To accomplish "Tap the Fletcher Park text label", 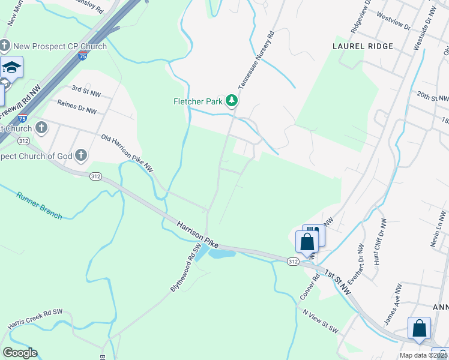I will click(x=198, y=101).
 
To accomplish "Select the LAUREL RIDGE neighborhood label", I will click(x=363, y=46).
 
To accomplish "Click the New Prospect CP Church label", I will click(x=60, y=46).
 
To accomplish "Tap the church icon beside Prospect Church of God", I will click(x=80, y=156).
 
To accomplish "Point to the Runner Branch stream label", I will click(x=39, y=205).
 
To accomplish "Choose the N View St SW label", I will click(x=321, y=322).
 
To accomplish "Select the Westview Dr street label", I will click(x=394, y=27).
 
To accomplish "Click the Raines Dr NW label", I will click(x=77, y=106).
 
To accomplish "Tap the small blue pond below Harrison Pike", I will click(x=221, y=254).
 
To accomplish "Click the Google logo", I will click(x=20, y=353).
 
